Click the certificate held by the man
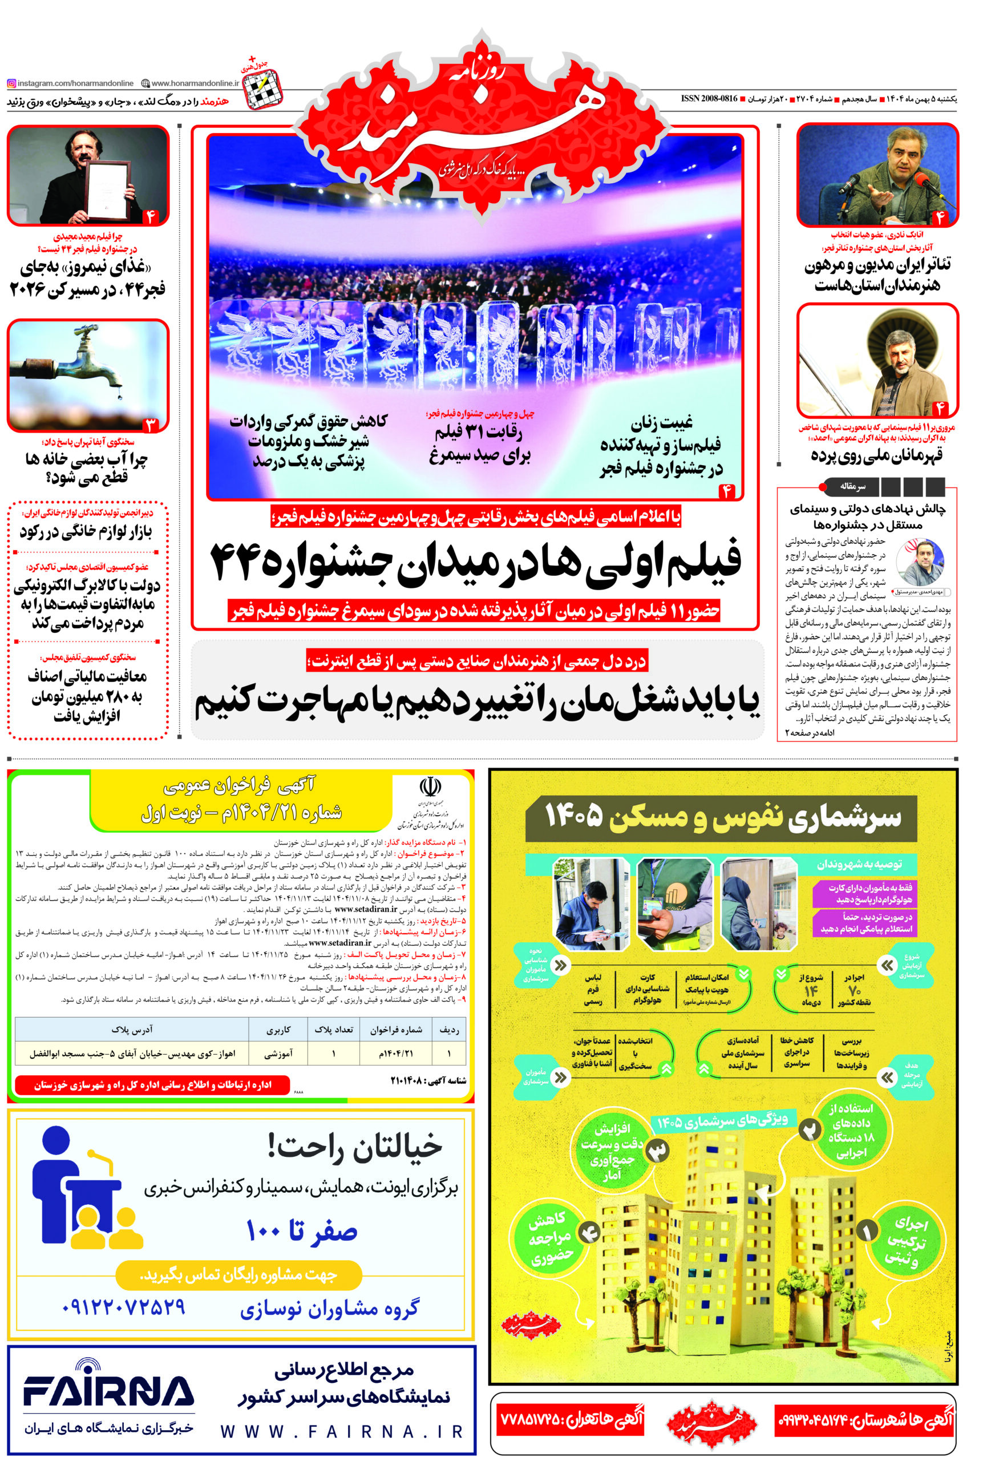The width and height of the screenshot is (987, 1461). click(107, 187)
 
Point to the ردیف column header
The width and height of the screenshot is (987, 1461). click(448, 1030)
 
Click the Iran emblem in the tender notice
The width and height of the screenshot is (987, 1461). click(430, 786)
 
